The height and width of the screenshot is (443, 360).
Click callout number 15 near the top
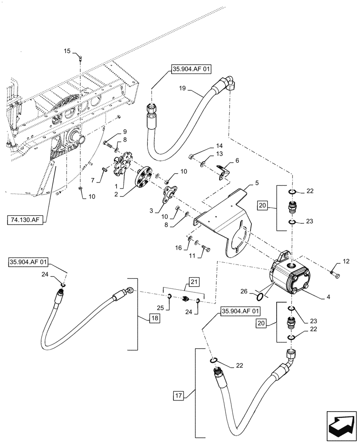pos(67,51)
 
